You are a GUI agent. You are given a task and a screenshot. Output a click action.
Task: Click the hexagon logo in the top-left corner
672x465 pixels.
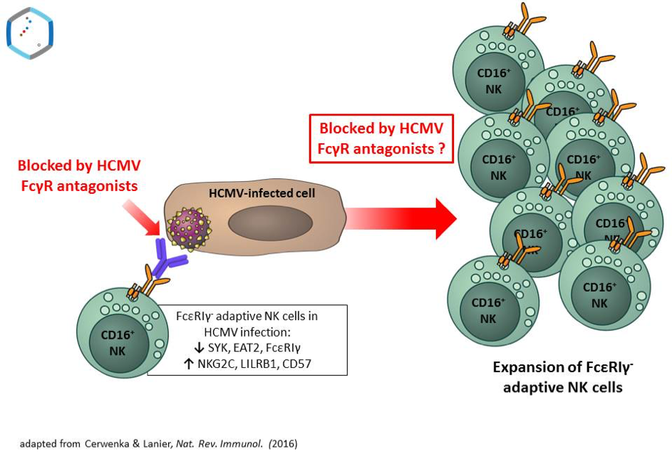tap(30, 32)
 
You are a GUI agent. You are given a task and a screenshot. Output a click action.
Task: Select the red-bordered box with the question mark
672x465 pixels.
tap(381, 139)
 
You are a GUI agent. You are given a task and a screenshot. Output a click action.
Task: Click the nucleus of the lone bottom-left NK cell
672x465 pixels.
tap(118, 342)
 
